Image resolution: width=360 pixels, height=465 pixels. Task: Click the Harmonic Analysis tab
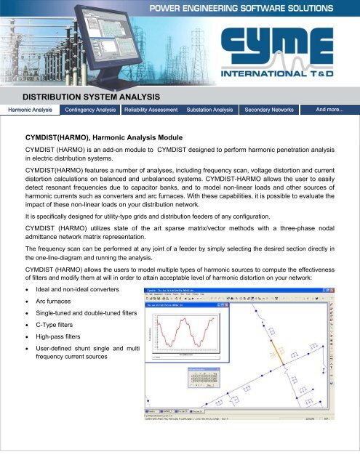(x=30, y=110)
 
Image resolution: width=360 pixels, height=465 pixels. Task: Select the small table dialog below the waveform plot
(x=206, y=379)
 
